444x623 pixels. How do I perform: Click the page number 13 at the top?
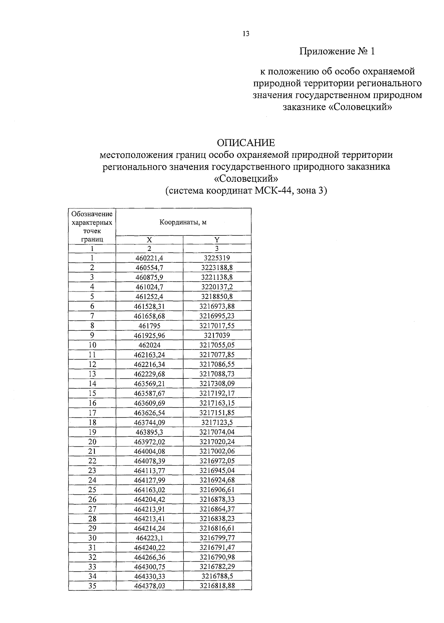[x=246, y=34]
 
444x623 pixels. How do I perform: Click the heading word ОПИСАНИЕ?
[x=246, y=142]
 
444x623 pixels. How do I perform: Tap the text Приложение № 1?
[x=337, y=51]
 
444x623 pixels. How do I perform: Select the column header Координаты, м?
[x=183, y=222]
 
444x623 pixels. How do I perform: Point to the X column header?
[x=149, y=239]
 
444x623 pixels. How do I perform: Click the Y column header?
[x=217, y=239]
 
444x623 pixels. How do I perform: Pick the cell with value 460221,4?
[x=149, y=258]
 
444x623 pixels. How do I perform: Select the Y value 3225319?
[x=217, y=258]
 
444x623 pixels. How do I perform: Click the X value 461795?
[x=149, y=326]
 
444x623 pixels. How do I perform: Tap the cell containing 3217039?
[x=217, y=335]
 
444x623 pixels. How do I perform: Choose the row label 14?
[x=92, y=384]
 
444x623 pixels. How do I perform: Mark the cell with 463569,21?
[x=149, y=384]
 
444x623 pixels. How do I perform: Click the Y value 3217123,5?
[x=217, y=422]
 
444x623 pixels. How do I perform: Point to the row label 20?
[x=92, y=441]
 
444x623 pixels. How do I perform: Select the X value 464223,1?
[x=149, y=538]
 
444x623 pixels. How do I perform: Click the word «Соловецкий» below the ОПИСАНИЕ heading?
[x=246, y=179]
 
